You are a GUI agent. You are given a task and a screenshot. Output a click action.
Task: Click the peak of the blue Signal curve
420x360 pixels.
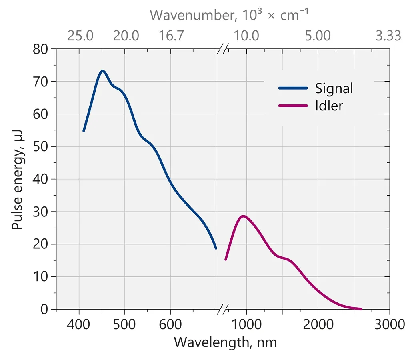(103, 71)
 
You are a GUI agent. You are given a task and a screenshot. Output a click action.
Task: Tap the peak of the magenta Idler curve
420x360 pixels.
(242, 216)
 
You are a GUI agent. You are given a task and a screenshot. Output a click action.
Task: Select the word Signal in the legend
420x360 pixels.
(334, 88)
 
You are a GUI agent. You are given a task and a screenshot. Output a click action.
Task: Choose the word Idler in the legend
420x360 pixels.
(329, 106)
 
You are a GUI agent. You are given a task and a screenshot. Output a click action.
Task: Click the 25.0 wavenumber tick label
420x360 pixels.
(80, 36)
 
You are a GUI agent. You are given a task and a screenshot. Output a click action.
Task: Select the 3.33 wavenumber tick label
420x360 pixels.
(388, 36)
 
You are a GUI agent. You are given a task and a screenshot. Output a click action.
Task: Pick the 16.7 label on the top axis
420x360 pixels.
(171, 36)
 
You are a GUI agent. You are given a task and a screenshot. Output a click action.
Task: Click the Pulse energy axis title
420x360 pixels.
(17, 179)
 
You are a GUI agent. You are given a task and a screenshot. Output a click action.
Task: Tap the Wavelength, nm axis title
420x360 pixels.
(225, 342)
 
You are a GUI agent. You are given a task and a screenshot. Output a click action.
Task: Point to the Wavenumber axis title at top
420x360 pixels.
(230, 15)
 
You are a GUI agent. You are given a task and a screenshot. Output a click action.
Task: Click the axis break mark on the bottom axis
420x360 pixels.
(223, 309)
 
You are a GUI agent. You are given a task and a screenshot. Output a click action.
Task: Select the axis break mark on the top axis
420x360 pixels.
(223, 49)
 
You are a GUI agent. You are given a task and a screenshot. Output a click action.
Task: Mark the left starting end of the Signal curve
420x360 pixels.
(84, 131)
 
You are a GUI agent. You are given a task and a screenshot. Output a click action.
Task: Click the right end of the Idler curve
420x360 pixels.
(361, 309)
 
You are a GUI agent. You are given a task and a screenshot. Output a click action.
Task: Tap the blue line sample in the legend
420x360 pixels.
(293, 88)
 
